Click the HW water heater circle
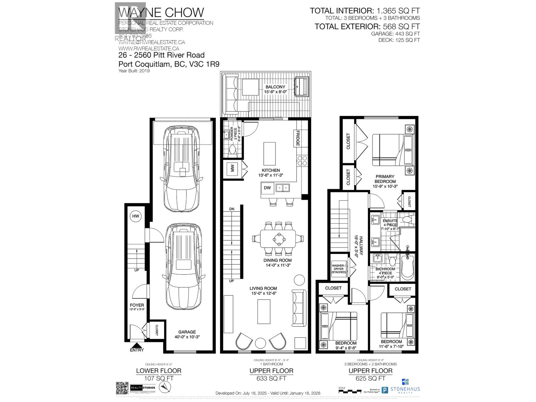(x=135, y=216)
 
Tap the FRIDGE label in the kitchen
(x=297, y=138)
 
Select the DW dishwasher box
(x=267, y=188)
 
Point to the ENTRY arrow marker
(x=136, y=345)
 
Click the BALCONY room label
(x=275, y=87)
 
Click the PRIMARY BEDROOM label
(x=385, y=179)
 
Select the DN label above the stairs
(x=232, y=209)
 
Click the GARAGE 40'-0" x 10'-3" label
(x=187, y=335)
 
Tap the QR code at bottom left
(x=122, y=388)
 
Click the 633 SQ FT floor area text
(x=271, y=379)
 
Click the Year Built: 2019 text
(x=134, y=71)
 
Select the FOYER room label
(x=137, y=305)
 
